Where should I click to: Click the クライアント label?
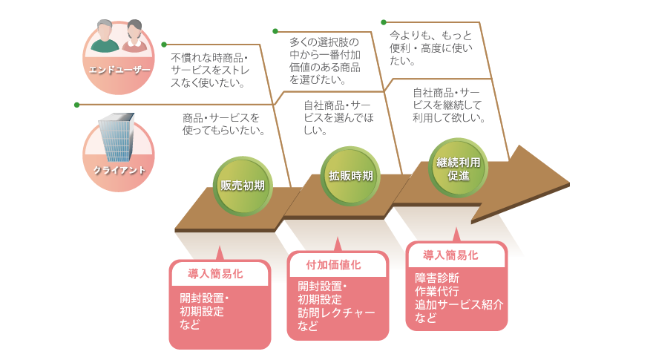pyautogui.click(x=119, y=169)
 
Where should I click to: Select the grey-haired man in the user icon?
pyautogui.click(x=105, y=37)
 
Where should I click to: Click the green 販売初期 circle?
pyautogui.click(x=243, y=186)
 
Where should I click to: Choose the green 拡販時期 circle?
pyautogui.click(x=351, y=176)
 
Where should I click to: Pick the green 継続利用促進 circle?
pyautogui.click(x=459, y=168)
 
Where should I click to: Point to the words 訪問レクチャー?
pyautogui.click(x=336, y=312)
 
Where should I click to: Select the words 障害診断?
pyautogui.click(x=437, y=278)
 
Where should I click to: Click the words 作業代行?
pyautogui.click(x=437, y=291)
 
